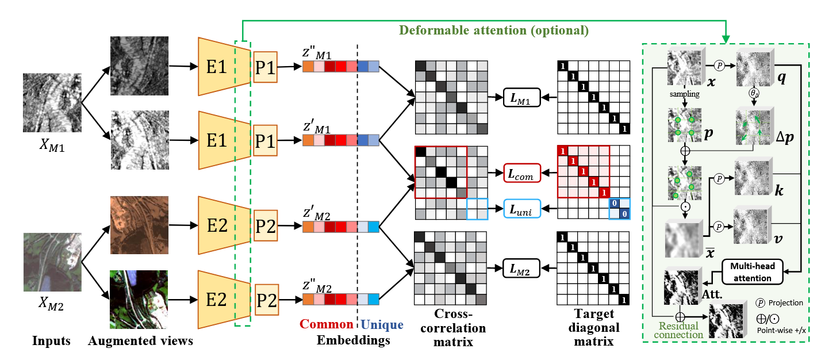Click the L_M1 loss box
pos(521,98)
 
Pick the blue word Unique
pos(382,325)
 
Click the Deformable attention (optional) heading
pos(495,30)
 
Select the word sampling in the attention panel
pos(684,93)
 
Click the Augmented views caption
pos(140,340)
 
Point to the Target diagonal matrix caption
pos(595,328)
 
